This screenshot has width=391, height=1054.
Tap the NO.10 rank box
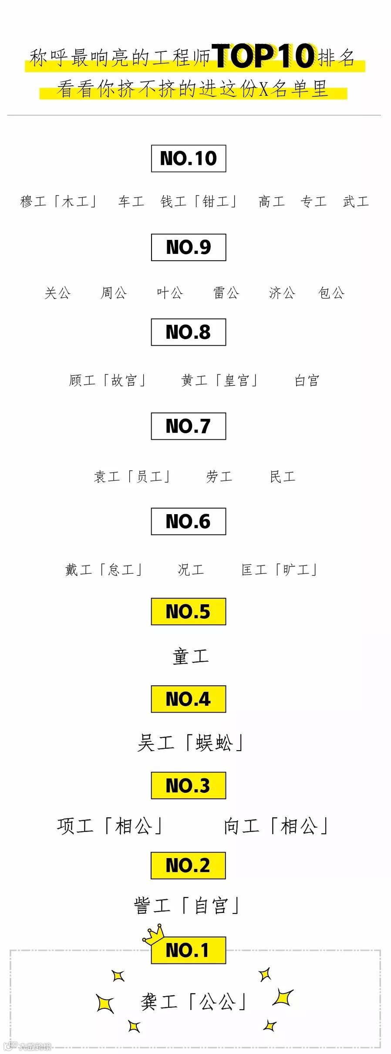(x=188, y=158)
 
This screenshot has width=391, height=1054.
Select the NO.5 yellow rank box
(x=188, y=611)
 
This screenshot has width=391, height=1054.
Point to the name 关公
(x=57, y=293)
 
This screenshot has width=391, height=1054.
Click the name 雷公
(x=226, y=293)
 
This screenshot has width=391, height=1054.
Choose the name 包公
(x=331, y=293)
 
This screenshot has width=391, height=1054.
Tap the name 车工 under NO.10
(x=131, y=202)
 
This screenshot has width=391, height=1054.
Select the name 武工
(x=356, y=202)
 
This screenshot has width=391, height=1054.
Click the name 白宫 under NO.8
(x=307, y=381)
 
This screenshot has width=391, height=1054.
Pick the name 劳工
(x=219, y=477)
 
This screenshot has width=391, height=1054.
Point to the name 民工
(x=283, y=477)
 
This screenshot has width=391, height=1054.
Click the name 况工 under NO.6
(x=191, y=569)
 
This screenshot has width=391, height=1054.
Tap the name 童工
(x=191, y=657)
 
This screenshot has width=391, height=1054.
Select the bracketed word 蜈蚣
(x=214, y=743)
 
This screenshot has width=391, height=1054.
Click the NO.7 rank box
(x=188, y=426)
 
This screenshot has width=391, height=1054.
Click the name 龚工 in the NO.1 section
(x=159, y=1002)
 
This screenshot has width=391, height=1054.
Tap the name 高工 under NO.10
(x=272, y=202)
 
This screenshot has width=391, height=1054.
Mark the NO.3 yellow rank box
(x=188, y=785)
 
